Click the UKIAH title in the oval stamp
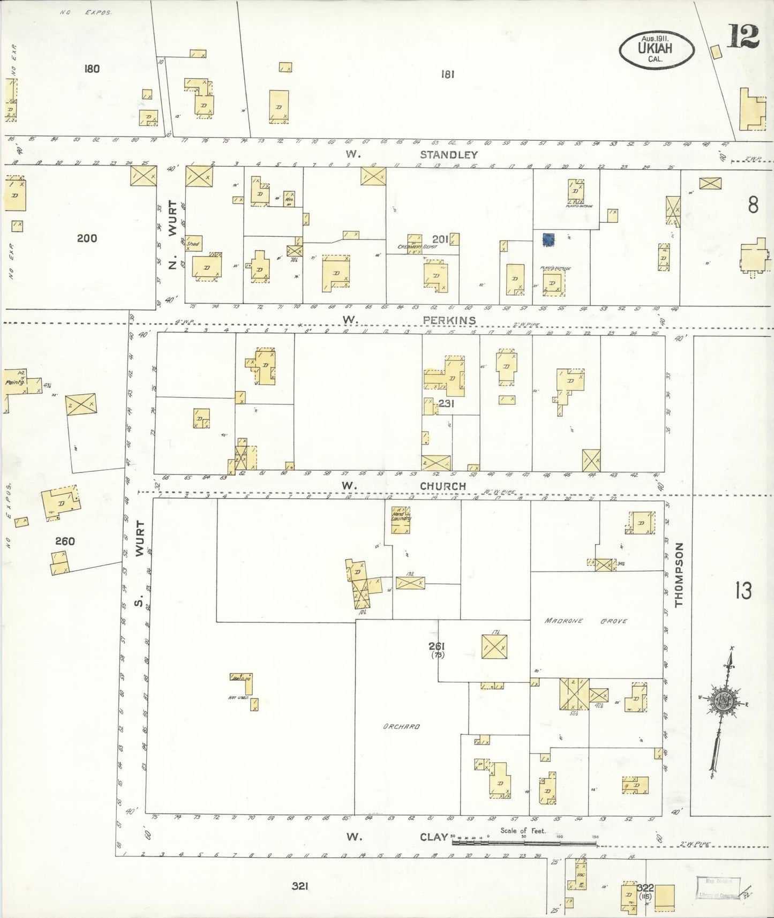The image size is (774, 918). coord(656,47)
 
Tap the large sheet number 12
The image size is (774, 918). coord(743,36)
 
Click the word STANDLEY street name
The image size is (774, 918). coord(449,155)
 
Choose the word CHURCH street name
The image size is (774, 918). coord(442,486)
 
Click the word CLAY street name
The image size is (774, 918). coord(434,837)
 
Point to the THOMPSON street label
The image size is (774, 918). coord(679,575)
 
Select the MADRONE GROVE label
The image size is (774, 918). coord(585,621)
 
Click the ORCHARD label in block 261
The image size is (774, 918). coord(401,727)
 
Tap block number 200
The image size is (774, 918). coord(87,238)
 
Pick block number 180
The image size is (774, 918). coord(92,69)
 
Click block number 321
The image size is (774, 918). coord(300,886)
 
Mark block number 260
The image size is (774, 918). coord(65,541)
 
